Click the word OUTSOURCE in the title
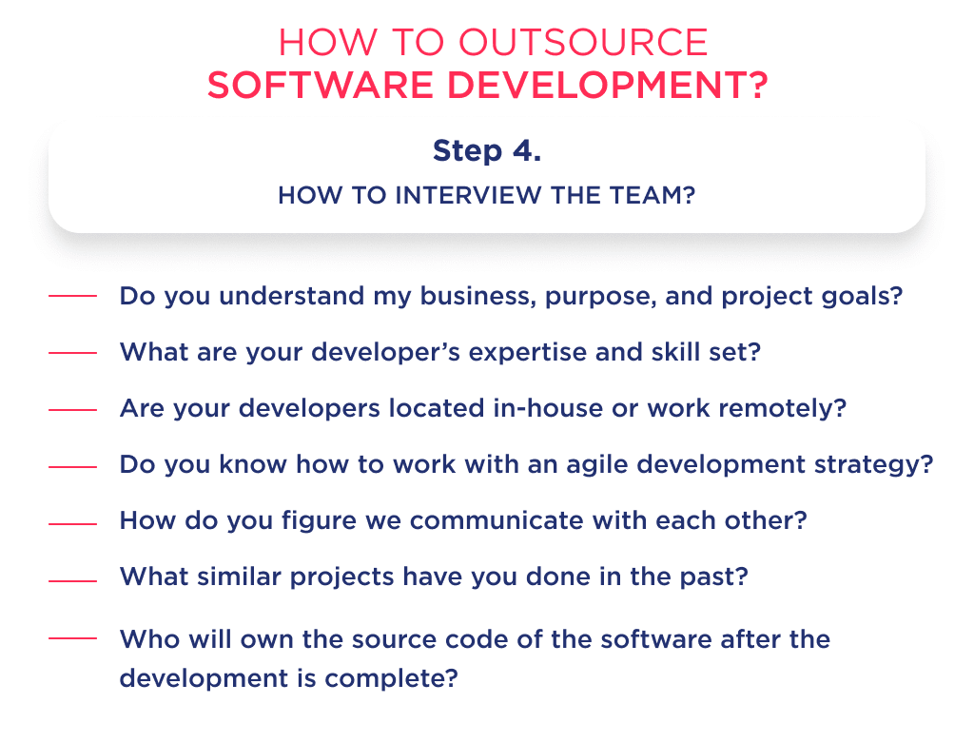(x=583, y=43)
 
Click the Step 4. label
(x=486, y=151)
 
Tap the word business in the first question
(x=456, y=296)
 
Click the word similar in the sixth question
(x=245, y=578)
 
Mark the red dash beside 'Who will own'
(x=71, y=638)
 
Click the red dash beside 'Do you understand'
(x=71, y=296)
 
